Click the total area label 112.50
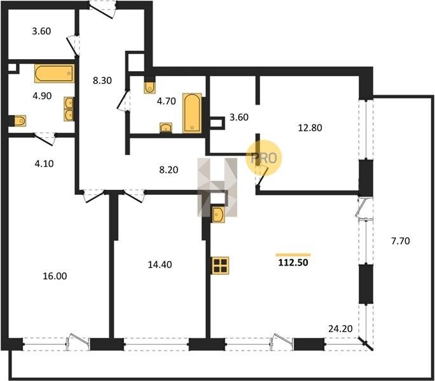pos(293,262)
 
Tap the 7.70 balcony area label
pos(400,241)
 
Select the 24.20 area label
pos(340,329)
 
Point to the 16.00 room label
pos(55,276)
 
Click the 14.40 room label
pos(160,265)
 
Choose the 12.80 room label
pos(310,128)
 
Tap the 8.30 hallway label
pos(102,81)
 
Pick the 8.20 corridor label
pos(169,170)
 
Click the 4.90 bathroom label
pos(42,96)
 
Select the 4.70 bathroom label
pos(166,101)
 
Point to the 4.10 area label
pos(44,164)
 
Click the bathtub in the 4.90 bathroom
pos(55,74)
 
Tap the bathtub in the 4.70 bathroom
pos(192,113)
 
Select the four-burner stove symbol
pos(220,265)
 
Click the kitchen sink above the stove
pos(218,213)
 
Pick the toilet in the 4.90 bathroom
pos(20,121)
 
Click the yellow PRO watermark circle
pos(263,158)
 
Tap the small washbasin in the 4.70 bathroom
pos(166,128)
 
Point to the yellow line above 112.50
pos(293,255)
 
